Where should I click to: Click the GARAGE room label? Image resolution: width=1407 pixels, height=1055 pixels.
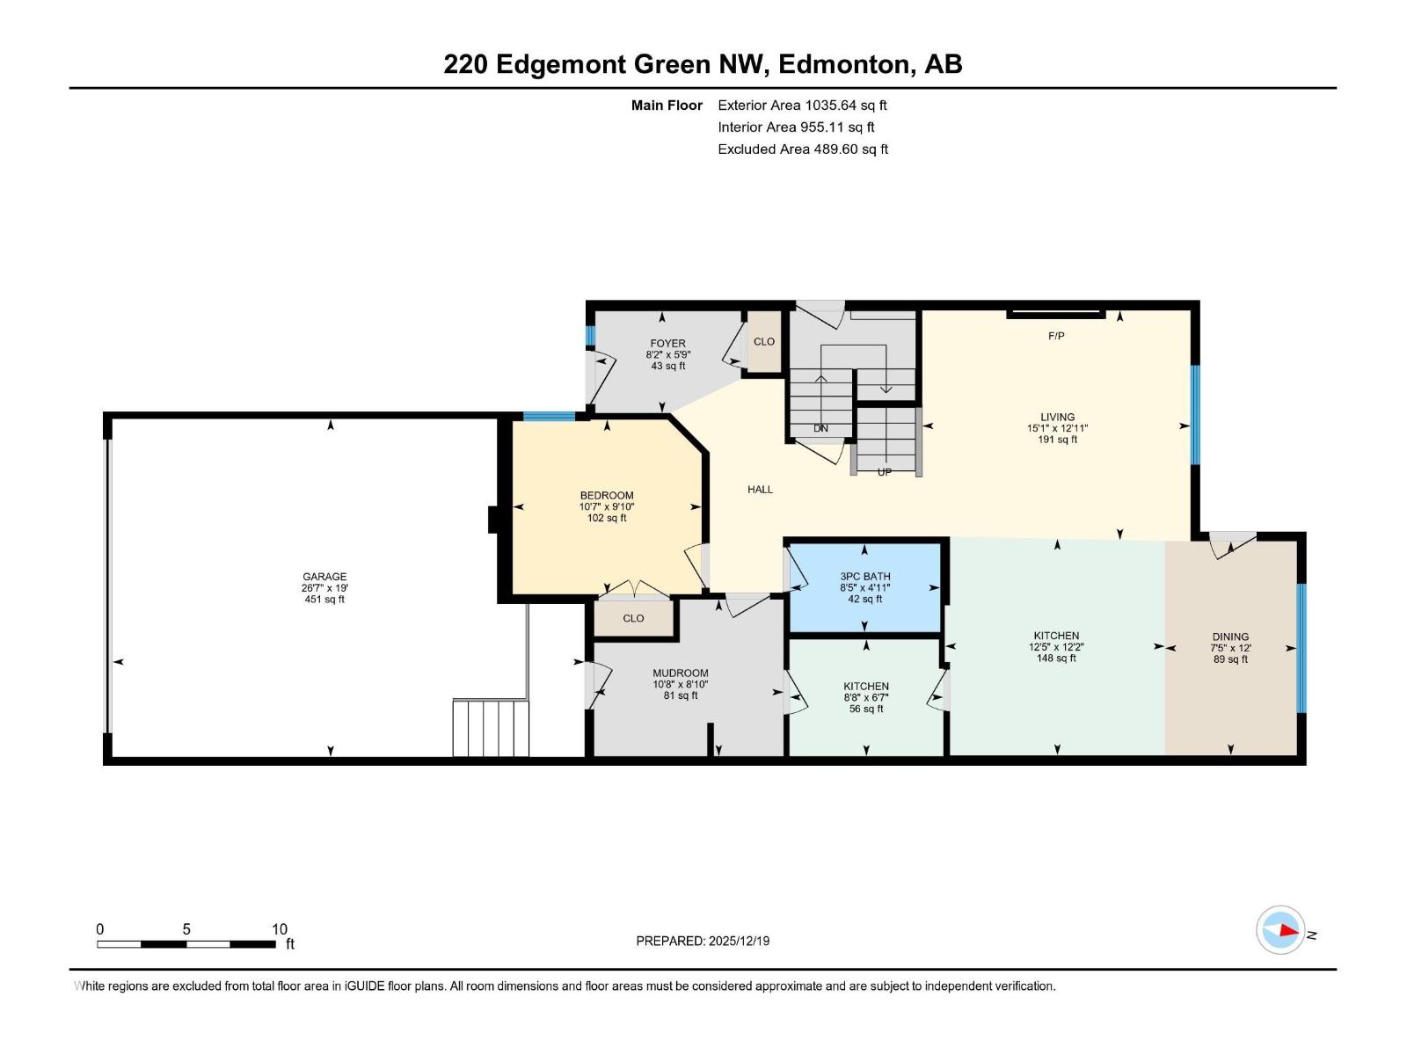[324, 577]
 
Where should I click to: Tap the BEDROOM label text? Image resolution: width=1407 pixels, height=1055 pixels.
[607, 495]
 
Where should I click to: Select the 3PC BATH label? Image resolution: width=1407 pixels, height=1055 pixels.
[864, 577]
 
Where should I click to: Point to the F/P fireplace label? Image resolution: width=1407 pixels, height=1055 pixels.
[1056, 336]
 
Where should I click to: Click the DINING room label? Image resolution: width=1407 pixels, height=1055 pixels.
[1230, 637]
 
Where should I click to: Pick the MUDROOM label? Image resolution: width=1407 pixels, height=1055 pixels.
[680, 673]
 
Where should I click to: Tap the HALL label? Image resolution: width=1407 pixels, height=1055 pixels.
[761, 490]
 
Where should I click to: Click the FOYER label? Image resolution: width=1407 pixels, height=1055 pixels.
[668, 344]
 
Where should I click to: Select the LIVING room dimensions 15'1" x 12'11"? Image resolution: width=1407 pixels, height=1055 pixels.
[1057, 428]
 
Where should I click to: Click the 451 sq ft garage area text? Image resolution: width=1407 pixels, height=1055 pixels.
[324, 600]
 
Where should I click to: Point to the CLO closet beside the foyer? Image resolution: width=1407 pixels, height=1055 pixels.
[764, 341]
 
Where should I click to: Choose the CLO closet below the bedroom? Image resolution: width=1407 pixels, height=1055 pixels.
[633, 618]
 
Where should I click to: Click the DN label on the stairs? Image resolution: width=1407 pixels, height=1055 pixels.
[820, 428]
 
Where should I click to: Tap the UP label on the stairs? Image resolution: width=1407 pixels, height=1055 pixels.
[884, 472]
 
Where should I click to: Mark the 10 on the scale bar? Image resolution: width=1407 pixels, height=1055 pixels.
[280, 928]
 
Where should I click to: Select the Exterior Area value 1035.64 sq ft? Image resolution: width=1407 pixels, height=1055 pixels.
[846, 105]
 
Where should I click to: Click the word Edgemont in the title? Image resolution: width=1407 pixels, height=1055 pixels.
[560, 65]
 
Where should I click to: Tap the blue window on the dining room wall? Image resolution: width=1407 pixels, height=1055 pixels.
[1301, 648]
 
